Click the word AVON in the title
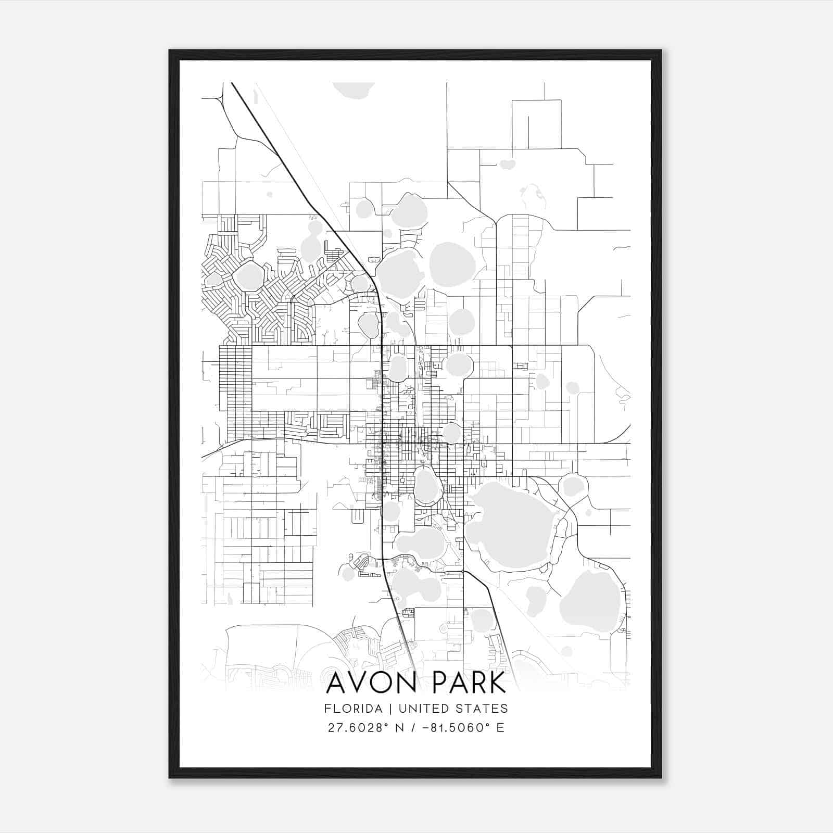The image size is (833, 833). pyautogui.click(x=371, y=683)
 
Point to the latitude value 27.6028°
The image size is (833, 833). pyautogui.click(x=359, y=727)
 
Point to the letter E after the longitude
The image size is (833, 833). pyautogui.click(x=500, y=727)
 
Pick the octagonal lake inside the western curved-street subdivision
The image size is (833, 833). pyautogui.click(x=248, y=276)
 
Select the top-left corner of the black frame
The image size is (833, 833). pyautogui.click(x=170, y=51)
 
